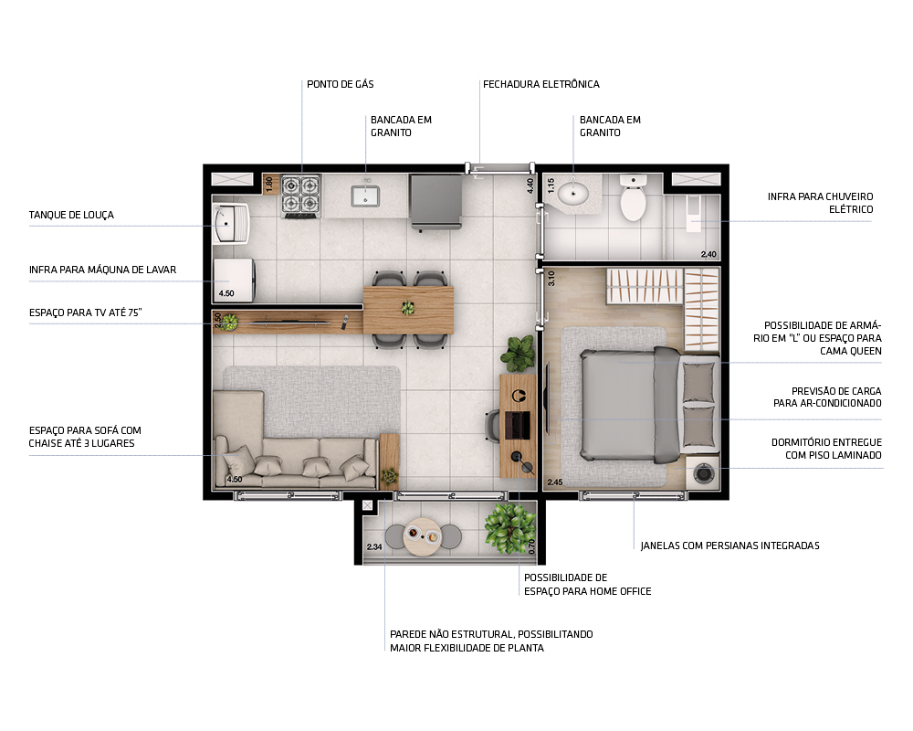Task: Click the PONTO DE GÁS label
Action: pyautogui.click(x=340, y=84)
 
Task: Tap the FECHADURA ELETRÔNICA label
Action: pyautogui.click(x=540, y=84)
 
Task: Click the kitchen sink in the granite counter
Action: pyautogui.click(x=366, y=195)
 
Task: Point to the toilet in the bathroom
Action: pyautogui.click(x=633, y=199)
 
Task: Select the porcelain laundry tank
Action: pyautogui.click(x=233, y=224)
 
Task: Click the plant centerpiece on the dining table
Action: pyautogui.click(x=407, y=307)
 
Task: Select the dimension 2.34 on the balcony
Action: pyautogui.click(x=373, y=547)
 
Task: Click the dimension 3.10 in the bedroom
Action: pyautogui.click(x=551, y=279)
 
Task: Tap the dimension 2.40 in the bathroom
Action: pyautogui.click(x=708, y=254)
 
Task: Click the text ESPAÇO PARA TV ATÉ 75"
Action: pyautogui.click(x=85, y=313)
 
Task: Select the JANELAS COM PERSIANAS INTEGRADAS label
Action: pyautogui.click(x=729, y=546)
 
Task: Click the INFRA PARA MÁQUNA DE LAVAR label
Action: pyautogui.click(x=101, y=270)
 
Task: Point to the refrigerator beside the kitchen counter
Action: pyautogui.click(x=436, y=199)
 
